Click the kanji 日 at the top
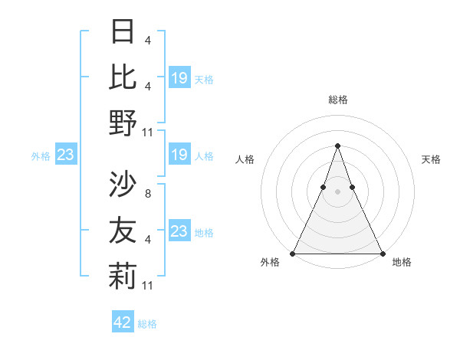click(123, 32)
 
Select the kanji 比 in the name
click(123, 77)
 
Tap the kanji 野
click(123, 122)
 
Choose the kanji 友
click(123, 230)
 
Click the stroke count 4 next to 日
click(147, 40)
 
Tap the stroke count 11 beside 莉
click(149, 285)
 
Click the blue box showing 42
click(123, 322)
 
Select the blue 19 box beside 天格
click(179, 78)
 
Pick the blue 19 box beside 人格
click(179, 155)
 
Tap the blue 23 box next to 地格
click(179, 231)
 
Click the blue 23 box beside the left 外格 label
click(65, 155)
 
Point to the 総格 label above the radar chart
click(337, 100)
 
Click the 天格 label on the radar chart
click(432, 159)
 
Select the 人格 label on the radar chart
click(245, 159)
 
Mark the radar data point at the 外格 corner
click(293, 253)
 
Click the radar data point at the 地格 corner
click(382, 253)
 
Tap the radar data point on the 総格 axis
click(337, 146)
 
